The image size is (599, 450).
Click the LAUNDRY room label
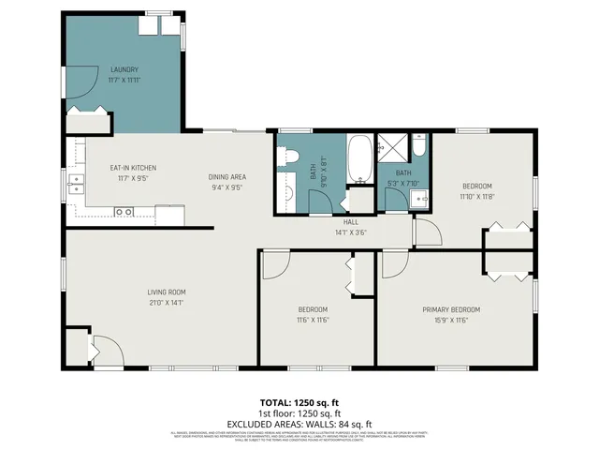pos(124,69)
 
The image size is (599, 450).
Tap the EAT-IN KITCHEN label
pos(133,168)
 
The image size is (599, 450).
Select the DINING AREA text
pos(226,176)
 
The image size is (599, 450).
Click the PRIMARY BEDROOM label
pos(450,309)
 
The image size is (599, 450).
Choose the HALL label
pos(351,223)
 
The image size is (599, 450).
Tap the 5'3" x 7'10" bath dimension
pos(403,184)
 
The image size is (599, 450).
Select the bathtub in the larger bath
pos(358,158)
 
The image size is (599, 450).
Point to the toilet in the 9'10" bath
pos(289,157)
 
